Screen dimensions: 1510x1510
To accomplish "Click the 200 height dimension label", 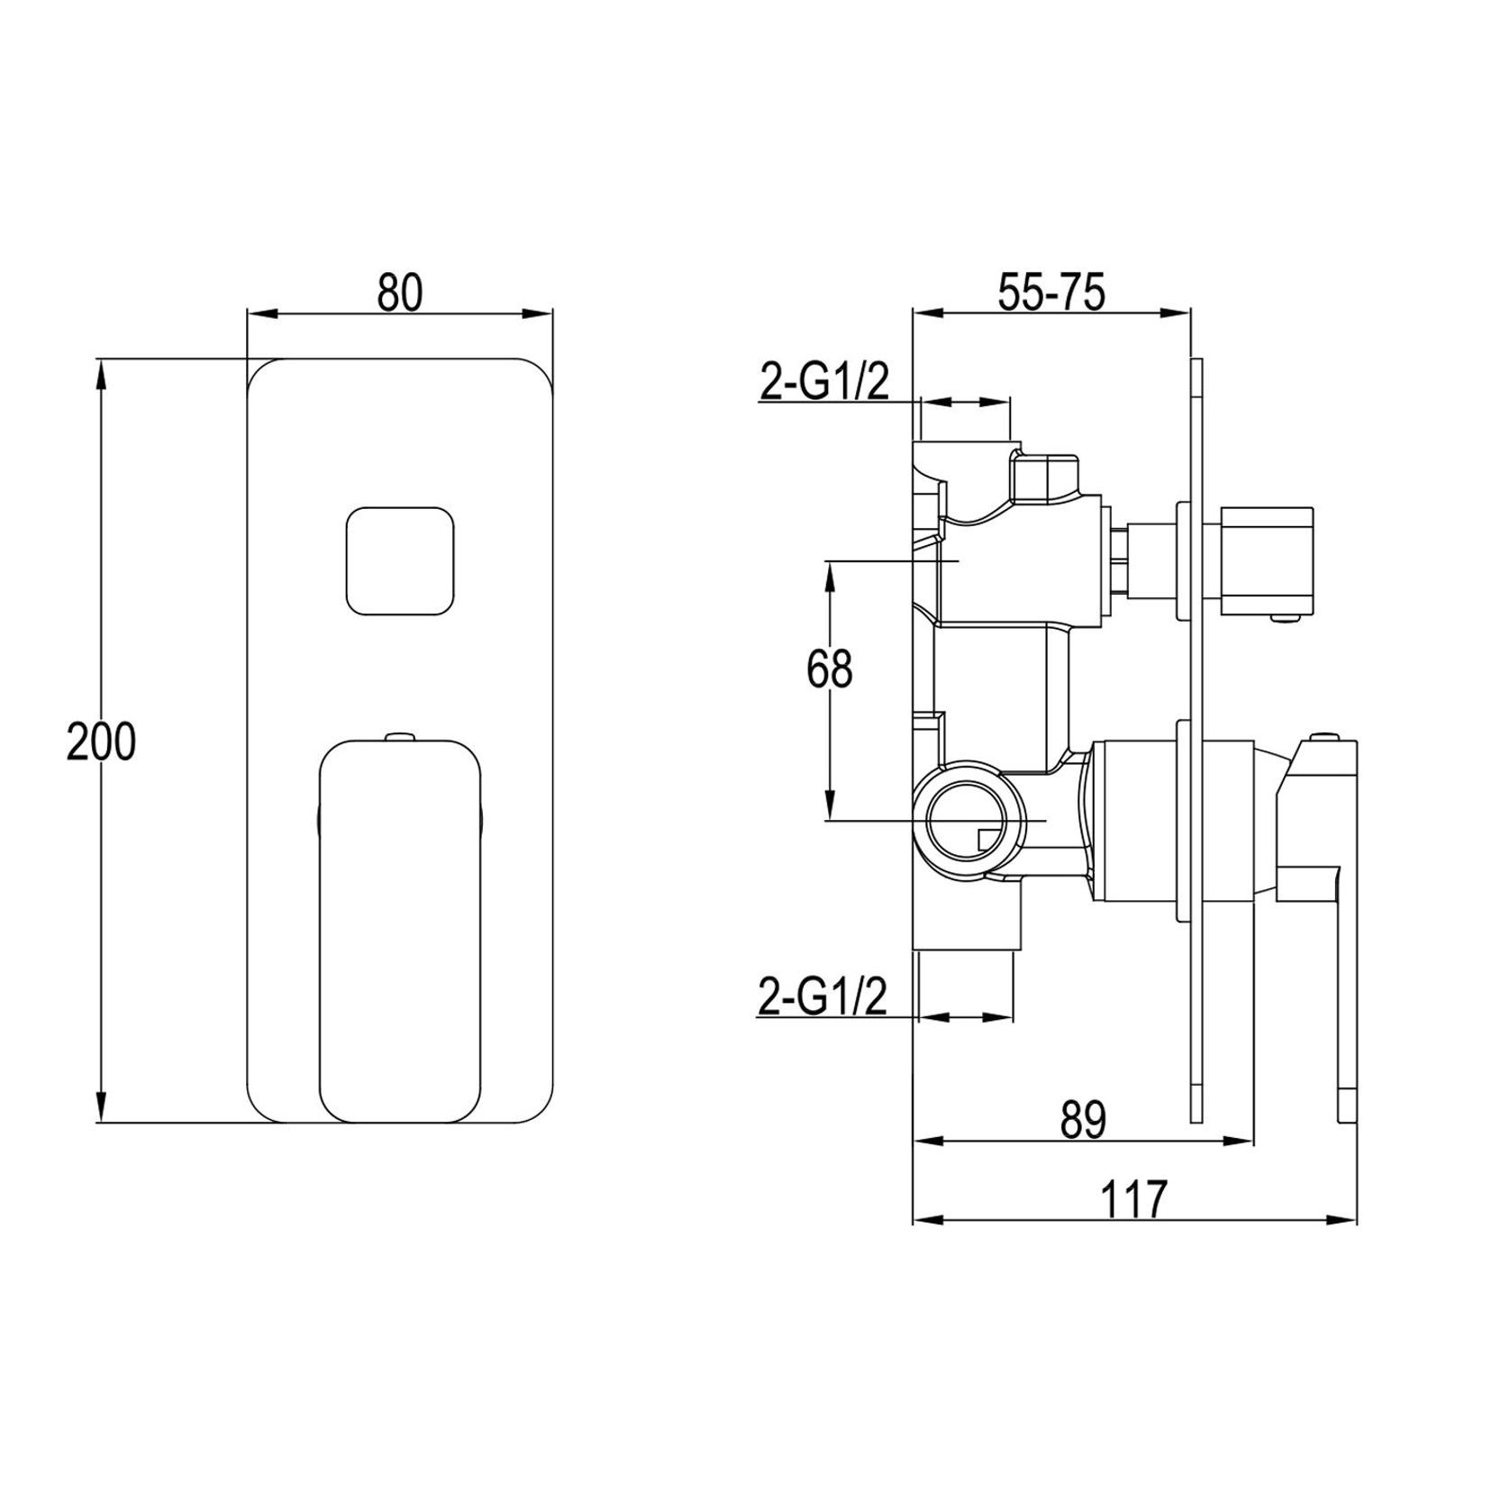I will [101, 741].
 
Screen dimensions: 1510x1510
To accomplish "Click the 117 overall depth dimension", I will [1134, 1199].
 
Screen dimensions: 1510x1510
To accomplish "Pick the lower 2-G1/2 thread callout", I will [823, 999].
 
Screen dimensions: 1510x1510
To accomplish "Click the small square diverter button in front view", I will [400, 560].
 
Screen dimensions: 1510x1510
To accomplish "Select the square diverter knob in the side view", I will [1269, 563].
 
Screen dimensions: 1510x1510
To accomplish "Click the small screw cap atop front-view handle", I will [400, 737].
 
